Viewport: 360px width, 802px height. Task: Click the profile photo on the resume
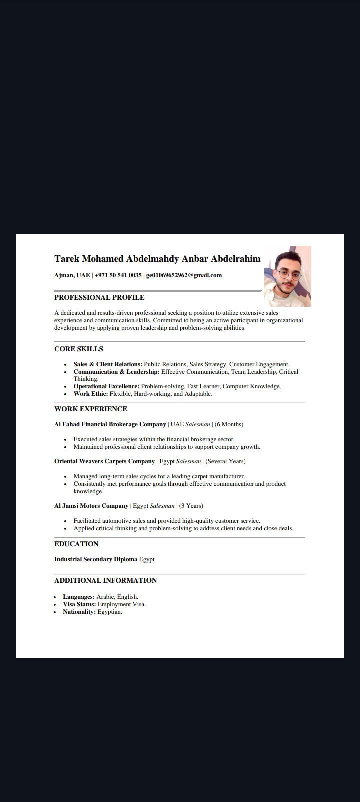[287, 276]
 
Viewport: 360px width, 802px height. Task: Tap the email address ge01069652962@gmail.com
[184, 275]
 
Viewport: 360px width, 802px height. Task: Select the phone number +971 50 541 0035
[118, 275]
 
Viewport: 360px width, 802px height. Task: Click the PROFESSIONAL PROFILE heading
[99, 297]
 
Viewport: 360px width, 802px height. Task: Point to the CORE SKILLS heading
[79, 349]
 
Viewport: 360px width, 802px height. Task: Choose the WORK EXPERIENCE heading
[91, 409]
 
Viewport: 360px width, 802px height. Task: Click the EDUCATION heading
[76, 544]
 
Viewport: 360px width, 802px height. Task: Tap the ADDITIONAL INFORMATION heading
[106, 580]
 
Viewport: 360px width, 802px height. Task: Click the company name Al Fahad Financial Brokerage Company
[110, 424]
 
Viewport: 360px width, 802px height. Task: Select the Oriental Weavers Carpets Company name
[104, 461]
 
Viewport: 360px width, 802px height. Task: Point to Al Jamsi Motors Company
[91, 506]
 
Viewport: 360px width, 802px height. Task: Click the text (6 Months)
[229, 424]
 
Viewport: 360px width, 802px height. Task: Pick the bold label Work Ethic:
[91, 394]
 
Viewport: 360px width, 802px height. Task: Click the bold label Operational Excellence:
[106, 386]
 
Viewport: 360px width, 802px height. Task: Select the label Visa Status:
[79, 604]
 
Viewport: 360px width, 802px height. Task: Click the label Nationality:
[79, 612]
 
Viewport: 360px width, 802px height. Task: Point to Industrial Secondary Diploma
[96, 559]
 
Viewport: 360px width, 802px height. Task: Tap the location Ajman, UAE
[72, 275]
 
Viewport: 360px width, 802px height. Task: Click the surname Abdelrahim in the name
[236, 259]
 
